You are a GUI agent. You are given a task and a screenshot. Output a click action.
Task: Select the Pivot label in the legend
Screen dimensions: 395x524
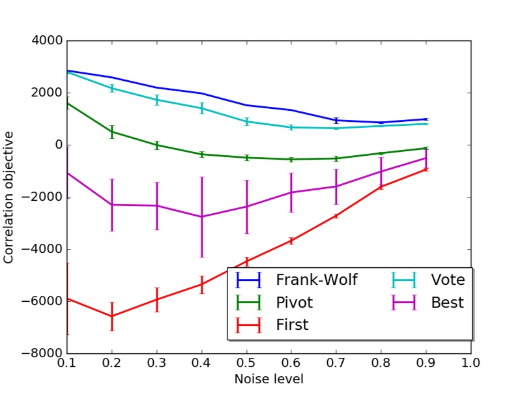294,302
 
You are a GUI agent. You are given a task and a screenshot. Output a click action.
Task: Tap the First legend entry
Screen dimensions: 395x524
291,325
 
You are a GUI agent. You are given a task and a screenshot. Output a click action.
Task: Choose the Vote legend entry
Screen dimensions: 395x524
447,280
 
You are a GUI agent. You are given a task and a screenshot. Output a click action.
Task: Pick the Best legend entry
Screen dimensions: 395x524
447,302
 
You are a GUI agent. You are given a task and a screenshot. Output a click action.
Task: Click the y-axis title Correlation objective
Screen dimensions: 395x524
8,197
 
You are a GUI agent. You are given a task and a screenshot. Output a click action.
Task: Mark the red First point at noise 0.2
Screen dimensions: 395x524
112,316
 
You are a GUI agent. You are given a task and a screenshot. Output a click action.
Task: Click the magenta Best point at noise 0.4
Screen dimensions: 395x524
202,216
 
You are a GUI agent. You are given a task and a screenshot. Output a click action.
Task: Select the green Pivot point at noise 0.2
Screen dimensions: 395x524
112,132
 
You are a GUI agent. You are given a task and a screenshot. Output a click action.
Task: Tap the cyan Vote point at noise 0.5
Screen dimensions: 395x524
247,121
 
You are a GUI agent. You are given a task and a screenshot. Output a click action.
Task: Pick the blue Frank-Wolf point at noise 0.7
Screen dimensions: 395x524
336,121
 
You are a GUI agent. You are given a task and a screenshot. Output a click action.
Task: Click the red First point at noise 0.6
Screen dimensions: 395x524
291,241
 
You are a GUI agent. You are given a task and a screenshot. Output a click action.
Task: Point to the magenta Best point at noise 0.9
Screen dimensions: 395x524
426,158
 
